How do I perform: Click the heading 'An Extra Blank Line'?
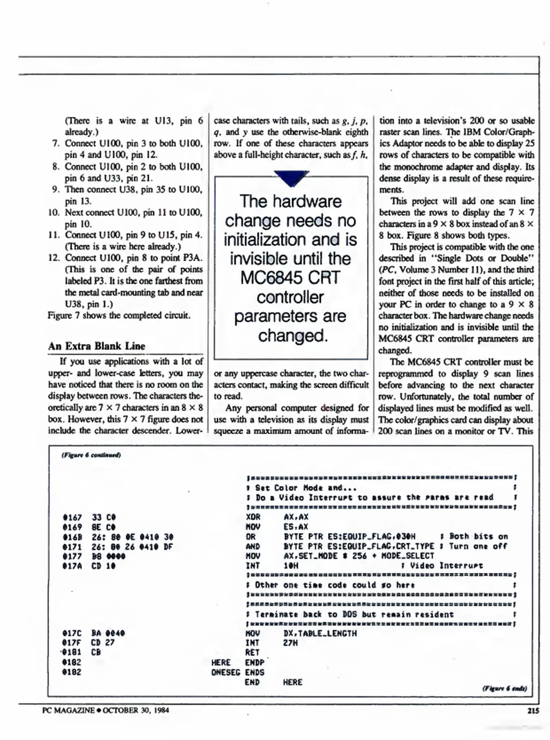97,346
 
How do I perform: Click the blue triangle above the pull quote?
291,178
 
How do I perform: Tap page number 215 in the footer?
533,711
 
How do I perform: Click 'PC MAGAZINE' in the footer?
68,710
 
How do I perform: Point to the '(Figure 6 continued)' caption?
91,455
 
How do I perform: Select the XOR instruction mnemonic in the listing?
253,517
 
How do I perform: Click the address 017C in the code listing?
72,633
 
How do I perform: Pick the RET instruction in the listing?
252,653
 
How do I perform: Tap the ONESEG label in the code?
225,672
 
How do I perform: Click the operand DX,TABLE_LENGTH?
320,633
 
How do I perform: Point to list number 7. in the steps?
56,143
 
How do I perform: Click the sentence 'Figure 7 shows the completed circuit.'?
119,315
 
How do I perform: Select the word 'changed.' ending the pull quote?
293,336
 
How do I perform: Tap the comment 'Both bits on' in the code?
478,536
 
